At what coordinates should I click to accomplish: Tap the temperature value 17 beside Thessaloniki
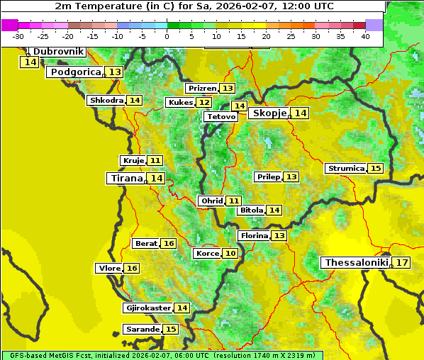click(402, 263)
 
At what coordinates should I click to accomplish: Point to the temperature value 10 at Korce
click(230, 254)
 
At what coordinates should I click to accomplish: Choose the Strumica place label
click(346, 169)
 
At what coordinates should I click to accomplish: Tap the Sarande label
click(141, 330)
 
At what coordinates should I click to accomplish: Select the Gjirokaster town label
click(147, 308)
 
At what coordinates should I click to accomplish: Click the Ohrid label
click(212, 201)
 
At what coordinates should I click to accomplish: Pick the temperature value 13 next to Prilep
click(291, 176)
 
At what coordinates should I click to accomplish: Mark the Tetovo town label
click(221, 116)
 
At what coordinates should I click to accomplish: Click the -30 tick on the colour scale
click(18, 36)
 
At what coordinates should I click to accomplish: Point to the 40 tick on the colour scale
click(365, 36)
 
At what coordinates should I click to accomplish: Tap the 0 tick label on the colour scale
click(167, 36)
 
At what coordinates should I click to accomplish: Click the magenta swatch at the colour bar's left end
click(9, 25)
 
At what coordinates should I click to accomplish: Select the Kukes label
click(180, 103)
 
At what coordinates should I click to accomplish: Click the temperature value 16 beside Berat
click(169, 244)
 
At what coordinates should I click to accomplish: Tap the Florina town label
click(255, 235)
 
